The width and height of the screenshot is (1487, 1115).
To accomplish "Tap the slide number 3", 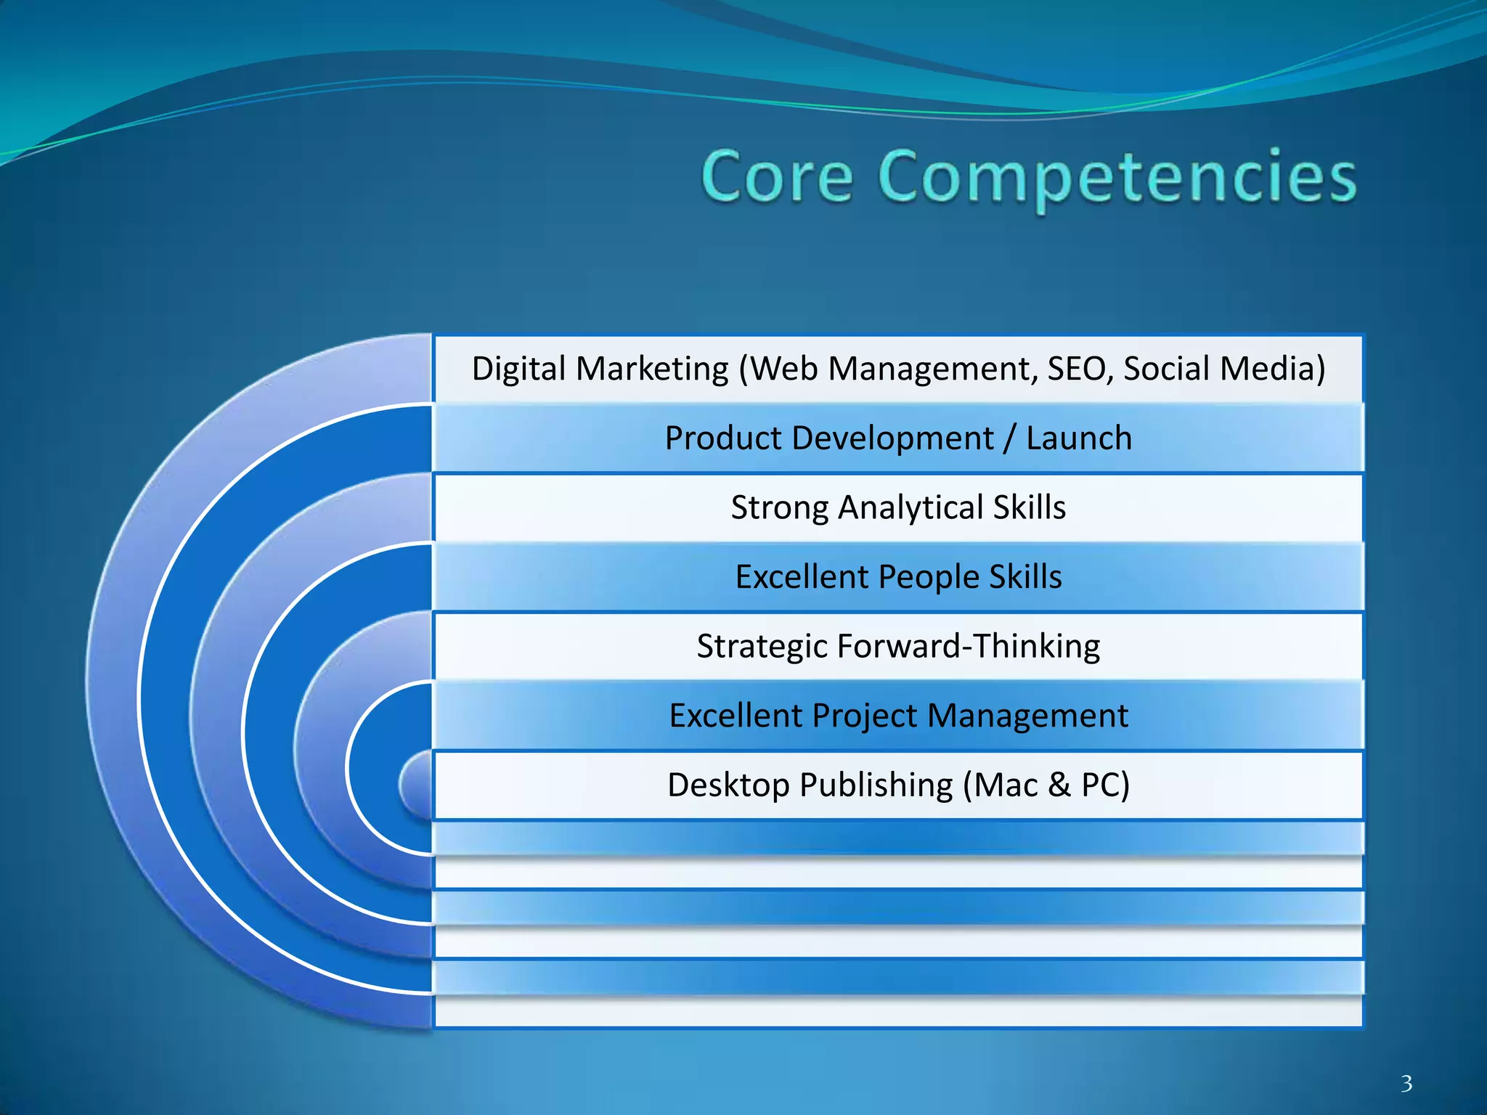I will pos(1406,1084).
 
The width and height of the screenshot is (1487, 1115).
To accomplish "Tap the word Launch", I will pos(1079,438).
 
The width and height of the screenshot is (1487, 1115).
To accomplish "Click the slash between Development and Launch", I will pos(1010,438).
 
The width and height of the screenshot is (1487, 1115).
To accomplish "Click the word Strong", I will pos(779,507).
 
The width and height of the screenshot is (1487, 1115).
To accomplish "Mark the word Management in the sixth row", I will pos(1027,716).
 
